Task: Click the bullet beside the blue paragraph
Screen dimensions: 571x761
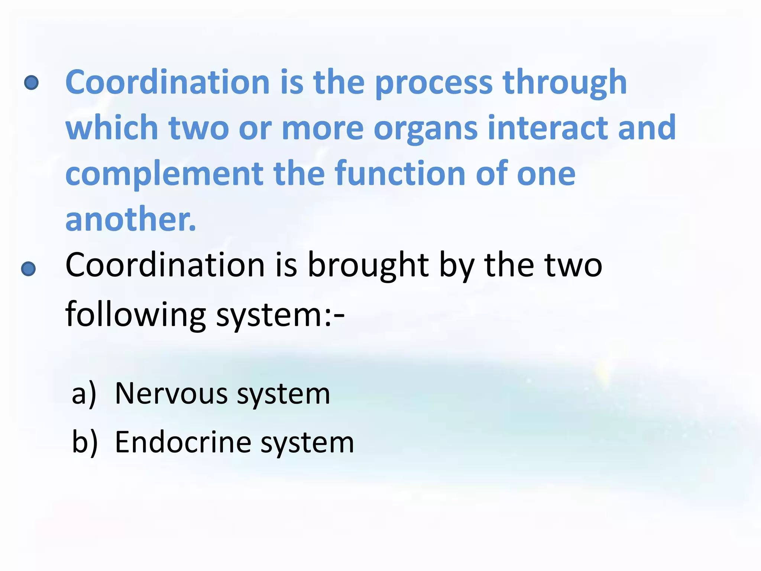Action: tap(31, 83)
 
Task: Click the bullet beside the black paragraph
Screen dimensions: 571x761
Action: tap(29, 269)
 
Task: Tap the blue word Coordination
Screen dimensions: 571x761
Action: tap(168, 82)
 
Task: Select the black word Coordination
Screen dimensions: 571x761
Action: tap(165, 265)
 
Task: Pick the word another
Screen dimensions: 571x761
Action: tap(130, 219)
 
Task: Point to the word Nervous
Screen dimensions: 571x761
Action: tap(171, 394)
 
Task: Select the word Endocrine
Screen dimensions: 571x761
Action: tap(183, 442)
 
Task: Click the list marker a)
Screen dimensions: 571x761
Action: tap(84, 394)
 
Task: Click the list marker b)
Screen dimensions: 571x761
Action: tap(85, 442)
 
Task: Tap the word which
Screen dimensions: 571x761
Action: tap(112, 128)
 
